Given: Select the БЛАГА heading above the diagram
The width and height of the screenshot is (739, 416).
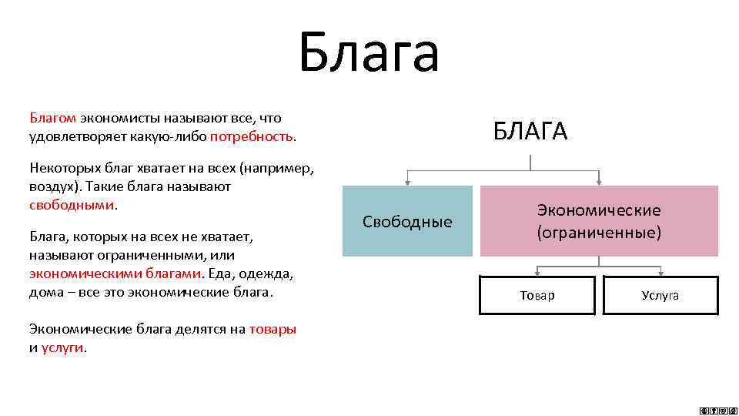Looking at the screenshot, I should pyautogui.click(x=530, y=132).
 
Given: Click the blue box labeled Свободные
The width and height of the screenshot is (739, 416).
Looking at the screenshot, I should pyautogui.click(x=407, y=222).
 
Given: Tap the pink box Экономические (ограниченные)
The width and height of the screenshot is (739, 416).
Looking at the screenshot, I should pyautogui.click(x=599, y=221).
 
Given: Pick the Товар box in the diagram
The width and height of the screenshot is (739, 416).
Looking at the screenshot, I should pyautogui.click(x=537, y=296).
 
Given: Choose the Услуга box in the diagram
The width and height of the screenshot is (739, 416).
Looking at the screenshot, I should pyautogui.click(x=660, y=296).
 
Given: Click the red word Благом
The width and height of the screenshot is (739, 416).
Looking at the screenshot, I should pyautogui.click(x=52, y=118).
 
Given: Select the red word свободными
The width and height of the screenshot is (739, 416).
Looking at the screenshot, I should pyautogui.click(x=72, y=206).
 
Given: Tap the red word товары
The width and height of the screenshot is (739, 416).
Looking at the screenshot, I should pyautogui.click(x=273, y=329).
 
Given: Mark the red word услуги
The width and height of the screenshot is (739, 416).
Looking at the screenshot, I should pyautogui.click(x=63, y=347).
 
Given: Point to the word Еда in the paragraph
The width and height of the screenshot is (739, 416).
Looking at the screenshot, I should pyautogui.click(x=220, y=273).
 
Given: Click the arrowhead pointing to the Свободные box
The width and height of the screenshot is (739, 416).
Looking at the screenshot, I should pyautogui.click(x=406, y=182).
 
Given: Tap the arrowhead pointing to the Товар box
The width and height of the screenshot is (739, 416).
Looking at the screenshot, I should pyautogui.click(x=537, y=273).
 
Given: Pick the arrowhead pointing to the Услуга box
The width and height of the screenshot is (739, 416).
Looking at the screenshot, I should pyautogui.click(x=660, y=273).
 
